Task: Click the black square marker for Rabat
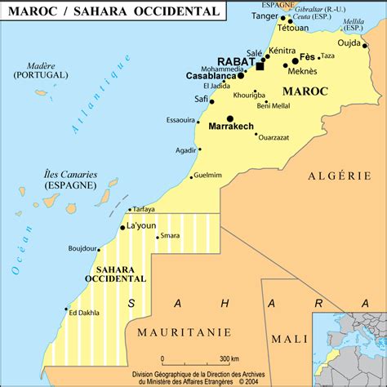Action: (260, 66)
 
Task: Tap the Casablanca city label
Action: (210, 75)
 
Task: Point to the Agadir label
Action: (185, 149)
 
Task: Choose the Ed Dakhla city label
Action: (84, 311)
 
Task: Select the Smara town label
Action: (170, 236)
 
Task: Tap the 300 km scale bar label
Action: (229, 358)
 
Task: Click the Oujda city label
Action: (349, 44)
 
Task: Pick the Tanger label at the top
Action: (263, 15)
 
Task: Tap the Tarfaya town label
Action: (144, 209)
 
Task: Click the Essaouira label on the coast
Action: (180, 120)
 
